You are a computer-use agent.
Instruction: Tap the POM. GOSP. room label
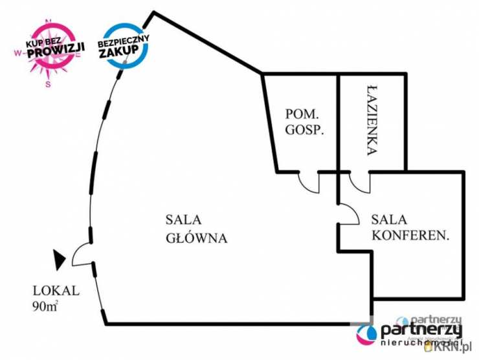pos(304,120)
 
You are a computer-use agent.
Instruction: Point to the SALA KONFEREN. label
pos(410,228)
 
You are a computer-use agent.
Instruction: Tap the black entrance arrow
pos(59,260)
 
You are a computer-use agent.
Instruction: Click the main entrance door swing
pos(82,256)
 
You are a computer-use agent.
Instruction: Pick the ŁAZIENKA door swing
pos(358,183)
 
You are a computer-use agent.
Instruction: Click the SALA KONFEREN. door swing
pos(348,214)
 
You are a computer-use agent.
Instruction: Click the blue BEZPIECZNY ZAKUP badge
pos(123,45)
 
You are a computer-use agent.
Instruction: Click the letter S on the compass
pos(47,83)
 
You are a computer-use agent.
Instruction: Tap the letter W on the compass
pos(16,56)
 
